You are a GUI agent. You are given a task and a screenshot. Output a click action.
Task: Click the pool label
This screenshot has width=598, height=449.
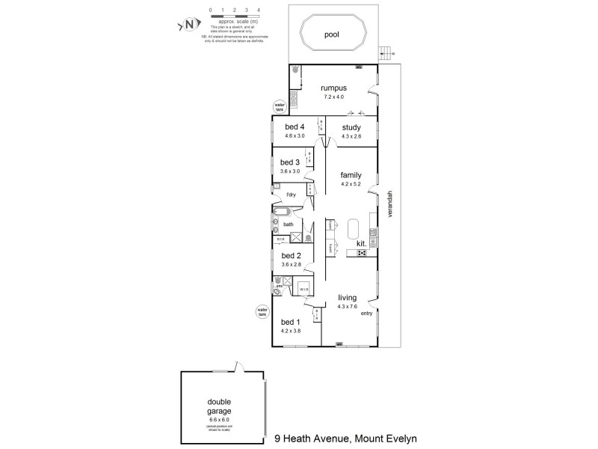tap(331, 34)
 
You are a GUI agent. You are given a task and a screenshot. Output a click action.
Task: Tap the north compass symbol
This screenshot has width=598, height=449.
tap(189, 25)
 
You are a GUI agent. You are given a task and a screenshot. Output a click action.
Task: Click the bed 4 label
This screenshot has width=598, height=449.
tap(295, 126)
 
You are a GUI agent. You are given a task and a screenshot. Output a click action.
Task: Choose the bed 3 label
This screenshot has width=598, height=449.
tap(289, 162)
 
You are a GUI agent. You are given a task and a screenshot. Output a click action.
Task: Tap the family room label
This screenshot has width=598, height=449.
tap(351, 175)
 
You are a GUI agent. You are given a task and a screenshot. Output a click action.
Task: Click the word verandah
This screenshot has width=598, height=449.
tap(389, 204)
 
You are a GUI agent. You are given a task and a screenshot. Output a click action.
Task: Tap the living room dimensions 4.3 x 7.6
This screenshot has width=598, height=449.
tap(348, 306)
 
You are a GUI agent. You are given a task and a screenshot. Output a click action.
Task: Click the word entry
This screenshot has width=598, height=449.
tap(366, 314)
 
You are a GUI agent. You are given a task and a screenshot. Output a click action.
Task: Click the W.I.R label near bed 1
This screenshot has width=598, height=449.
tap(304, 289)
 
